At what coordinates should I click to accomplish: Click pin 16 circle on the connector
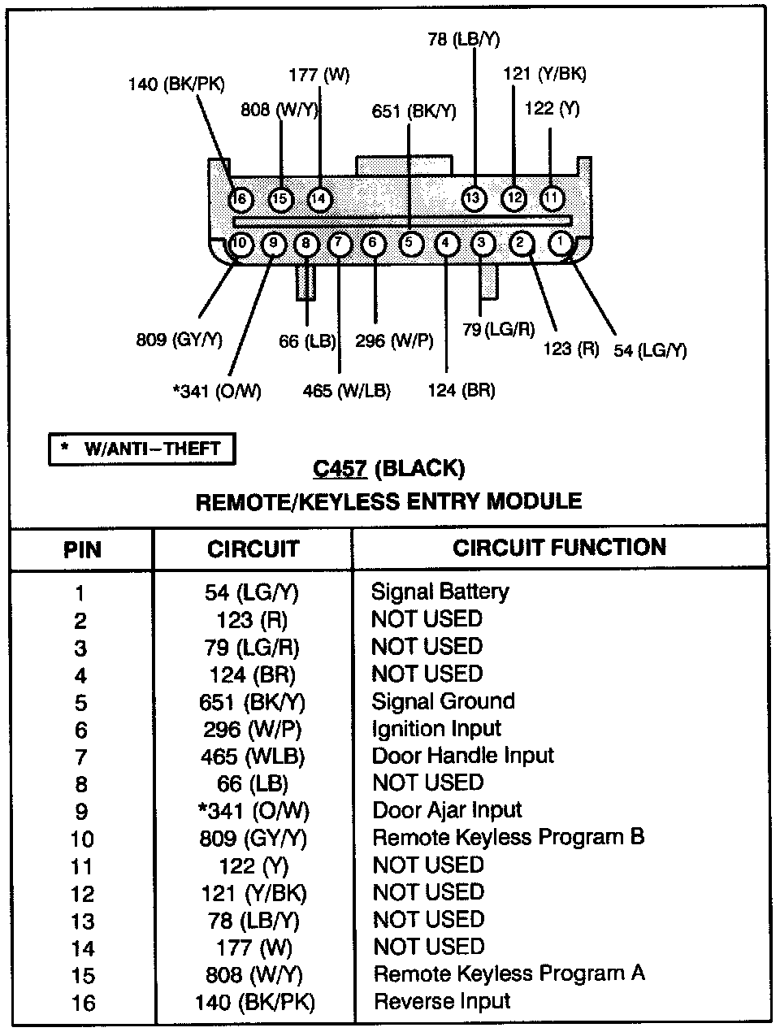click(x=240, y=198)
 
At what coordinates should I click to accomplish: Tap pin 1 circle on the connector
click(x=560, y=241)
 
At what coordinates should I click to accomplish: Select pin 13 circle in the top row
click(x=474, y=197)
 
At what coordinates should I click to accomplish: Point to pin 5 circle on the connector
click(x=411, y=242)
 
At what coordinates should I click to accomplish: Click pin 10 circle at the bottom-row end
click(x=240, y=242)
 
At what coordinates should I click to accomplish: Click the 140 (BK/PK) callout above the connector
click(x=176, y=84)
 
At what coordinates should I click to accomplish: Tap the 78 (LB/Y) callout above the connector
click(x=463, y=38)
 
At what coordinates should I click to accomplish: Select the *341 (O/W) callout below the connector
click(x=217, y=391)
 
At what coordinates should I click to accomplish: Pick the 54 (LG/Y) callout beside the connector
click(x=650, y=350)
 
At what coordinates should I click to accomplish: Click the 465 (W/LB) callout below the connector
click(x=347, y=391)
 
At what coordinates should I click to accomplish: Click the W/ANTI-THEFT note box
click(x=141, y=449)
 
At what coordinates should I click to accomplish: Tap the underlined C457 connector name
click(x=340, y=469)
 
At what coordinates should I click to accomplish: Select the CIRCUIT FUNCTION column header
click(x=560, y=548)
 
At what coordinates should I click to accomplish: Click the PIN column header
click(x=82, y=550)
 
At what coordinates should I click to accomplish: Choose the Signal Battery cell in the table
click(x=440, y=592)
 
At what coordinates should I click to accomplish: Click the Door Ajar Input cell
click(x=447, y=810)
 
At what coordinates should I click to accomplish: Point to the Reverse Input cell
click(x=442, y=1001)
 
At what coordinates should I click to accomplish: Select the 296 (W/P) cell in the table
click(x=253, y=729)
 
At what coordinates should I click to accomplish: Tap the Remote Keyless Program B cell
click(x=509, y=837)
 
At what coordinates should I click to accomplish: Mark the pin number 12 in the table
click(x=82, y=894)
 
